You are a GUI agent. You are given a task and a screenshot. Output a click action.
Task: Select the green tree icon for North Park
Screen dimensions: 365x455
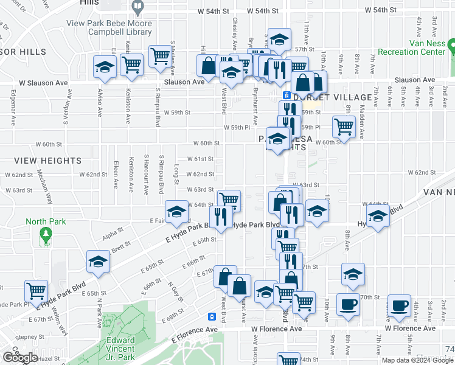click(44, 234)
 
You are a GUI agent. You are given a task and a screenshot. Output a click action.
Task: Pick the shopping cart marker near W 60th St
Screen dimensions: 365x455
click(344, 127)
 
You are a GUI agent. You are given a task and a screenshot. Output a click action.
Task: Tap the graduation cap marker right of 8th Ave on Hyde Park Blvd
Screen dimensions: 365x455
click(378, 216)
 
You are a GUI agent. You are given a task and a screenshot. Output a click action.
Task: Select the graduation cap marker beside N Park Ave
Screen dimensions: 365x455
click(97, 261)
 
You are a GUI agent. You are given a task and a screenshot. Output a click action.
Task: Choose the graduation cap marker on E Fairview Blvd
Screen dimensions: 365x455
click(176, 211)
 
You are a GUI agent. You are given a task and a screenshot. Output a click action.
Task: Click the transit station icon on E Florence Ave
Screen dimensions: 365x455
click(212, 316)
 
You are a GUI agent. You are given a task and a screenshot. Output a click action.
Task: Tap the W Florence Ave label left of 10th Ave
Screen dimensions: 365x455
click(276, 328)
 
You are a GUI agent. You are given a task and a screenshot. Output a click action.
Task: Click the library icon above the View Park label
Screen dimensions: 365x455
click(137, 8)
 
